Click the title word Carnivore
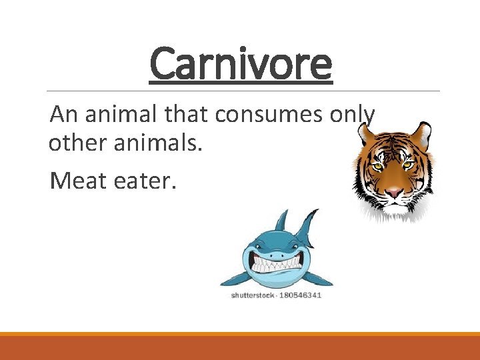coord(240,63)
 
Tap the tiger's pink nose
coord(394,192)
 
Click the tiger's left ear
coord(365,133)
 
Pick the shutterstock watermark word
coord(254,295)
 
